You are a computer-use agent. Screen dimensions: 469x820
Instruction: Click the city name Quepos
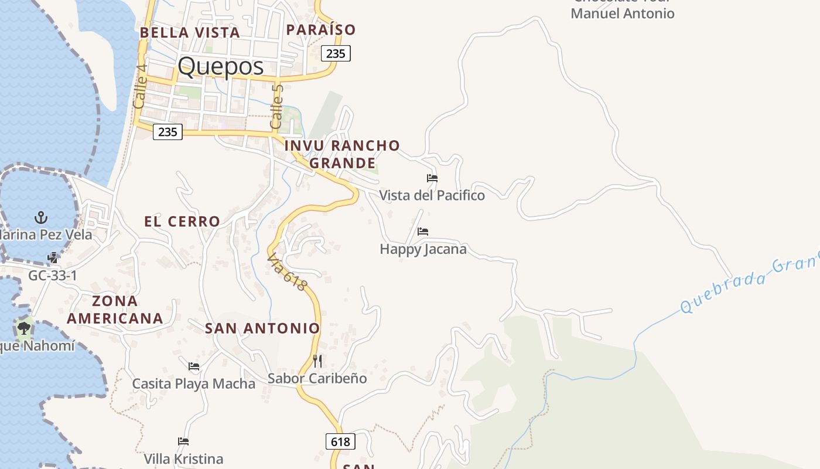(221, 66)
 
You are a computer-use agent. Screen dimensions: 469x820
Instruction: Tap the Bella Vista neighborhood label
(190, 32)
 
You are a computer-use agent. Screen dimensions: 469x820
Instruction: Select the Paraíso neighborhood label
(321, 29)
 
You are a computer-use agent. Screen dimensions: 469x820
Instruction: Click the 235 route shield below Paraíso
(336, 53)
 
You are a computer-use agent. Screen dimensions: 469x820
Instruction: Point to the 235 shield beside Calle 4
(168, 132)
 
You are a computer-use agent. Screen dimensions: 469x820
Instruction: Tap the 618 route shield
(340, 441)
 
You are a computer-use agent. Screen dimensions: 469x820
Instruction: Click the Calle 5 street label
(277, 107)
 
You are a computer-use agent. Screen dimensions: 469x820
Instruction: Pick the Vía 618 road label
(287, 271)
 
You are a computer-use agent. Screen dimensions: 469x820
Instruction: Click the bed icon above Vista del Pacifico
(432, 178)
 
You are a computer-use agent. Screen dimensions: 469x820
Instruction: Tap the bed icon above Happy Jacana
(423, 232)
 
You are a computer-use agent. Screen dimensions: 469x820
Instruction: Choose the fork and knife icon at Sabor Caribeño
(317, 361)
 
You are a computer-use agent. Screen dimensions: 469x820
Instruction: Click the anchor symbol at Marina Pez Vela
(41, 217)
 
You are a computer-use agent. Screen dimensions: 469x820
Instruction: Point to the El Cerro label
(182, 222)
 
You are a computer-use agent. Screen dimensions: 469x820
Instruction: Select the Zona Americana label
(115, 310)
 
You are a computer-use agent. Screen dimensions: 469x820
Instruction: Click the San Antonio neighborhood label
(262, 328)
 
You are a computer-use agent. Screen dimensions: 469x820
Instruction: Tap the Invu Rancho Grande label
(343, 154)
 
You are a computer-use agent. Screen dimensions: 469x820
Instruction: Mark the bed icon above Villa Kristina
(183, 441)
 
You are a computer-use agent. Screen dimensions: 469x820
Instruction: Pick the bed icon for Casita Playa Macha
(194, 366)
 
